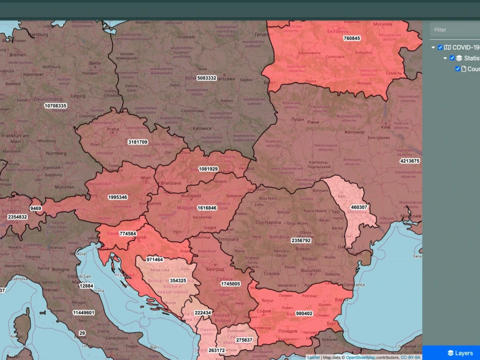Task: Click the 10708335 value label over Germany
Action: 55,106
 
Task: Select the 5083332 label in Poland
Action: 207,78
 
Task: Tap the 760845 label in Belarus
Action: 352,38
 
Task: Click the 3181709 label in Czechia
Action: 138,142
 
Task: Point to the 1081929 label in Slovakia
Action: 208,169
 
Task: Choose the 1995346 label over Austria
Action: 118,197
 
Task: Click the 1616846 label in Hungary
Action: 207,208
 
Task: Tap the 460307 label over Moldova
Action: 359,207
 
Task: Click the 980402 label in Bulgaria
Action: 304,313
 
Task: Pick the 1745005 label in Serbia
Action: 230,284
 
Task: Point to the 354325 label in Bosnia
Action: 178,280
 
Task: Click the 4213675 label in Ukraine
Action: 409,161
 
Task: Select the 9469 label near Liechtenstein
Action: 36,208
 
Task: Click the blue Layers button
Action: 460,353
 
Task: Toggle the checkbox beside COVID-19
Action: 440,48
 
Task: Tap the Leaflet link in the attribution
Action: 313,357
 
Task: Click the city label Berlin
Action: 95,63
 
